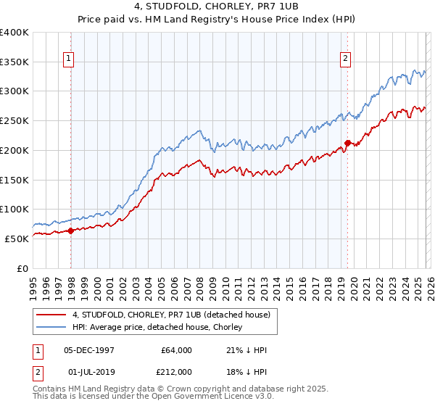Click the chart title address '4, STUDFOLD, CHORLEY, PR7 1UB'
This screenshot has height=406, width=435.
[217, 8]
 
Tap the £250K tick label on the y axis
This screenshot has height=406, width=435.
[14, 120]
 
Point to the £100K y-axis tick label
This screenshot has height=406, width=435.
[14, 209]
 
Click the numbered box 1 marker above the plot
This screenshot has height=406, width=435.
[68, 59]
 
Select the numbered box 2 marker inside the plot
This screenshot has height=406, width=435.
[345, 59]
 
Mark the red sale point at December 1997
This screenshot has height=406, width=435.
[71, 231]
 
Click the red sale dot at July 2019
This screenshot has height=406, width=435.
[347, 143]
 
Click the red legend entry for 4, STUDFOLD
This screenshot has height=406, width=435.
[171, 315]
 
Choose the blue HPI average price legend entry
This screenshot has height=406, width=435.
[161, 328]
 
